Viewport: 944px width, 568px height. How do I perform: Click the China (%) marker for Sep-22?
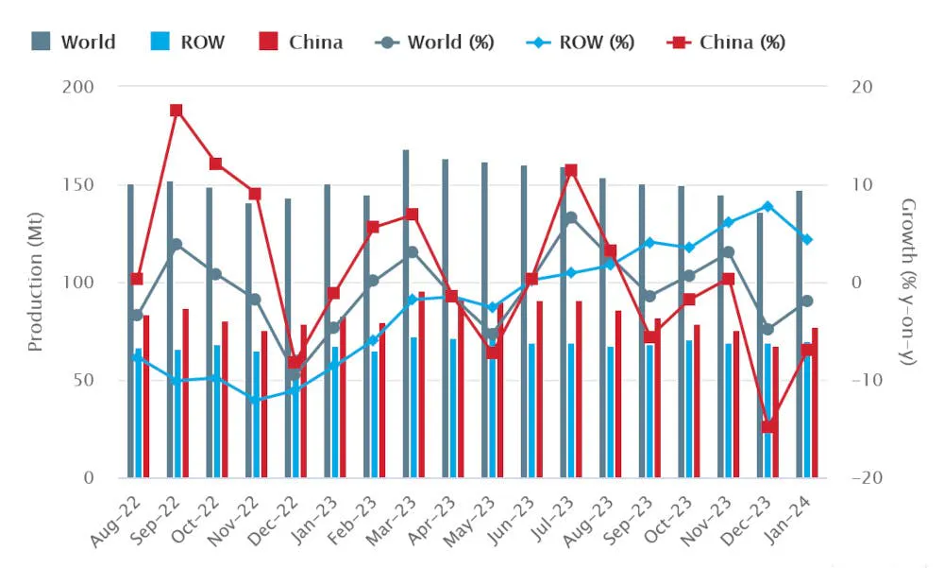[176, 111]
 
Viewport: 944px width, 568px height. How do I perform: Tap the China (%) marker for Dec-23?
[768, 426]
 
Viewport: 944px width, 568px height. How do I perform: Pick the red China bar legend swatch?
[269, 43]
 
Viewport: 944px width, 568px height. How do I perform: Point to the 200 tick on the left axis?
[78, 87]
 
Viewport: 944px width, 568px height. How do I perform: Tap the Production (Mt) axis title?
[36, 282]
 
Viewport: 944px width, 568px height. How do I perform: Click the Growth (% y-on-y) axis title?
[908, 282]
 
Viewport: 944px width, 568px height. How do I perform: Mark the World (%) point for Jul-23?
[570, 217]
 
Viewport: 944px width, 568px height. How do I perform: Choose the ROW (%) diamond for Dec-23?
[767, 206]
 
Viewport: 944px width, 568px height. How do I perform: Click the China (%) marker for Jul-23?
[570, 171]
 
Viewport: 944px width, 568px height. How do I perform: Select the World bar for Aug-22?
[130, 331]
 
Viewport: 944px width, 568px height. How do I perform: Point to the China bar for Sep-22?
[186, 392]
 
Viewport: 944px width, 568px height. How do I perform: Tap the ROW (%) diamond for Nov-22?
[255, 400]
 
